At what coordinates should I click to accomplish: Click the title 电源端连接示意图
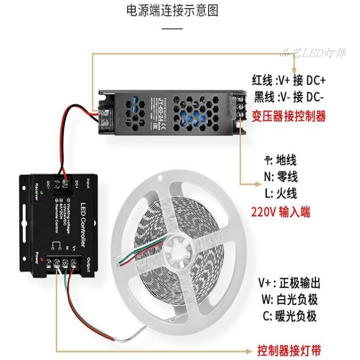pyautogui.click(x=172, y=11)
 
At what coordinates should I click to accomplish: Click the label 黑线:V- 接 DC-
pyautogui.click(x=290, y=97)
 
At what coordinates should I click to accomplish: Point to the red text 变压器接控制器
pyautogui.click(x=289, y=117)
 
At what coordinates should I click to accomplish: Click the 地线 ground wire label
pyautogui.click(x=280, y=160)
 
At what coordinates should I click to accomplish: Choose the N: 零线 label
pyautogui.click(x=281, y=176)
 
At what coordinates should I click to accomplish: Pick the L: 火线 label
pyautogui.click(x=281, y=193)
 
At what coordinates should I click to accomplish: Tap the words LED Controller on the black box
pyautogui.click(x=82, y=225)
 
